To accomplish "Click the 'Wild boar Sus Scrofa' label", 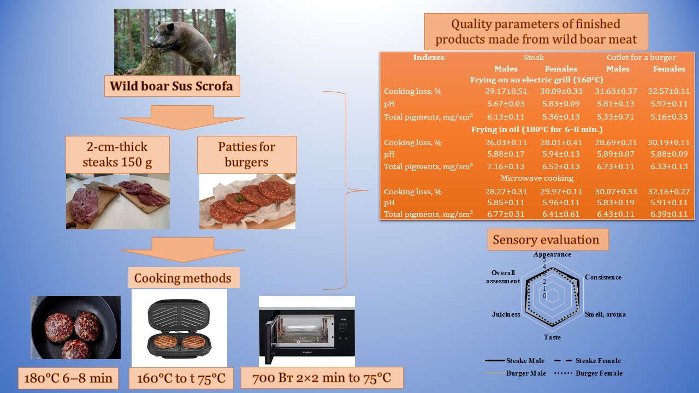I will pyautogui.click(x=171, y=86).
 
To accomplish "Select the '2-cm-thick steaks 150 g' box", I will pyautogui.click(x=118, y=154).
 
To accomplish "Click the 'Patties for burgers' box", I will pyautogui.click(x=247, y=154).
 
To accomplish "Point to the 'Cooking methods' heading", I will pyautogui.click(x=183, y=278).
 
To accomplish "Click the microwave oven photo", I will pyautogui.click(x=306, y=331).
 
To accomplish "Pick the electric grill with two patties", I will pyautogui.click(x=179, y=329).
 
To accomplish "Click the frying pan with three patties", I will pyautogui.click(x=75, y=327).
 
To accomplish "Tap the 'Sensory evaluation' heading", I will pyautogui.click(x=546, y=240).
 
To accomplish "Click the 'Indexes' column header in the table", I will pyautogui.click(x=429, y=57).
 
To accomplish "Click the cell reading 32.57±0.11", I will pyautogui.click(x=669, y=91).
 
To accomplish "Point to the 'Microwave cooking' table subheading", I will pyautogui.click(x=537, y=178).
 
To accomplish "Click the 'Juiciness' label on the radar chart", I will pyautogui.click(x=506, y=314).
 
